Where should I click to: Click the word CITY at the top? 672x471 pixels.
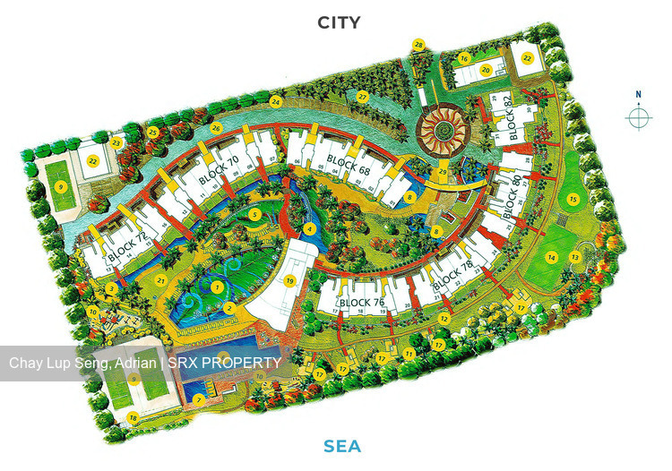tap(339, 22)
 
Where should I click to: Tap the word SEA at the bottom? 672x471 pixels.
tap(343, 446)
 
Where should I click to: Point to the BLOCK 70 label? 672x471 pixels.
tap(220, 171)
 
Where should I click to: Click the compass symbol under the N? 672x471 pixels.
tap(638, 117)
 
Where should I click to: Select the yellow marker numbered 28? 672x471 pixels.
tap(418, 44)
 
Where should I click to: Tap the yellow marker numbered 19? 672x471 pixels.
tap(289, 281)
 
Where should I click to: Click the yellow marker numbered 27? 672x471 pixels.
tap(362, 96)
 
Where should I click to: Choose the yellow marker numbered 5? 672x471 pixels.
tap(255, 214)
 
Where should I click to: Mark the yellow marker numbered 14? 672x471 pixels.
tap(552, 257)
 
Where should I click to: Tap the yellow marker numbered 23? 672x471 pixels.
tap(116, 141)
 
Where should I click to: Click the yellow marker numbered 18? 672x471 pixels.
tap(133, 417)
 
